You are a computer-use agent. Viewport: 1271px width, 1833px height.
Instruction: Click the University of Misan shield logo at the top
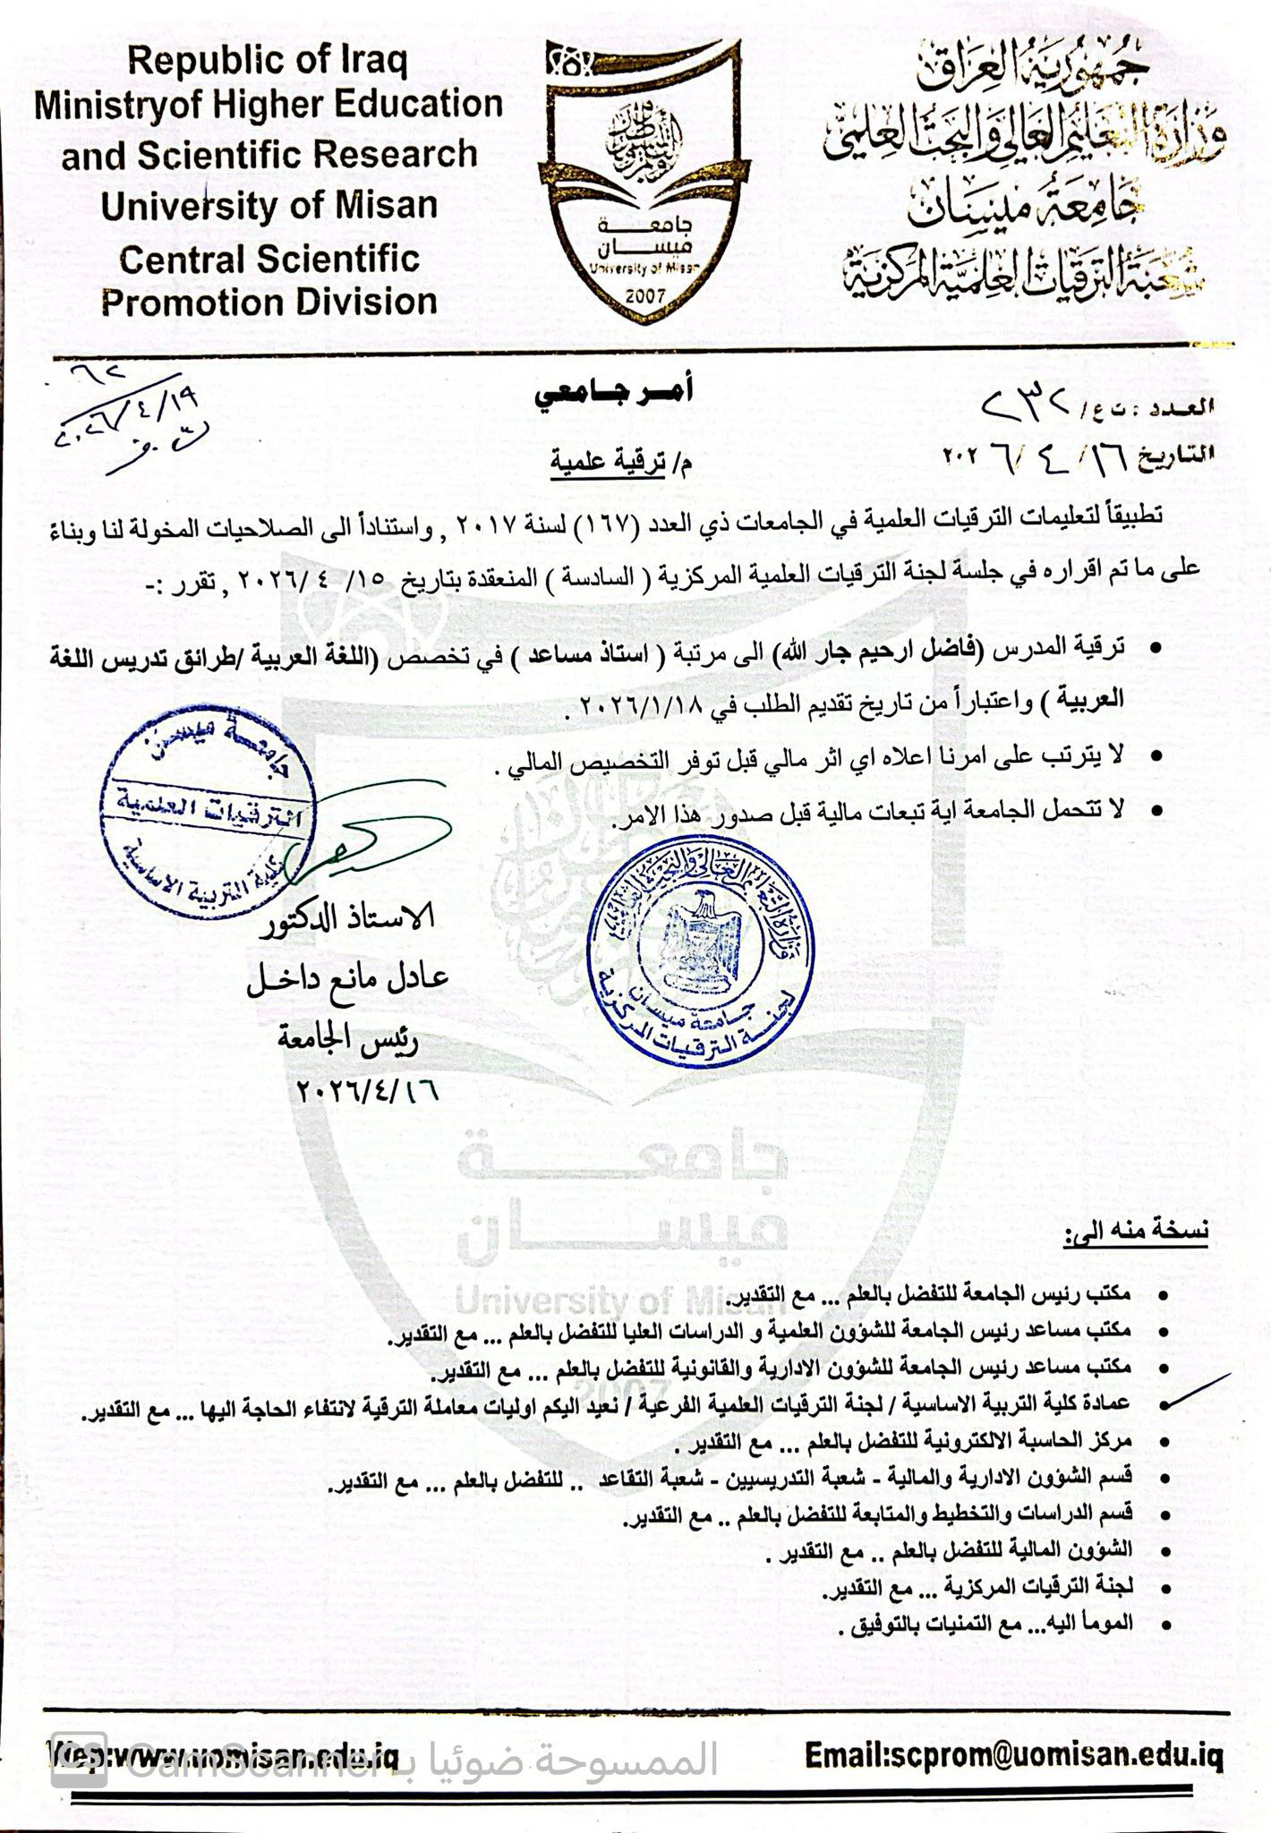pyautogui.click(x=644, y=179)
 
